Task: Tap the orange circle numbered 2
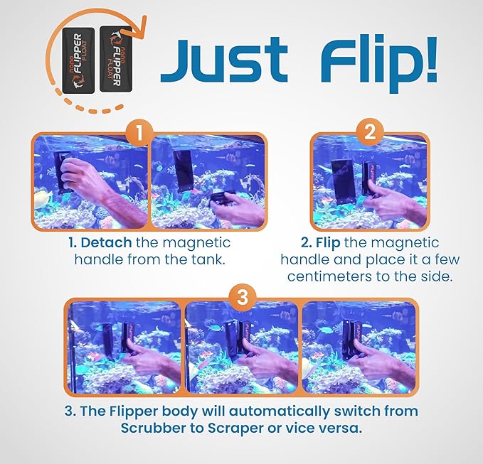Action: (x=369, y=132)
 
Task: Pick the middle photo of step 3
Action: (x=241, y=348)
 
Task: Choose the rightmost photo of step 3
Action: (x=357, y=348)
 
